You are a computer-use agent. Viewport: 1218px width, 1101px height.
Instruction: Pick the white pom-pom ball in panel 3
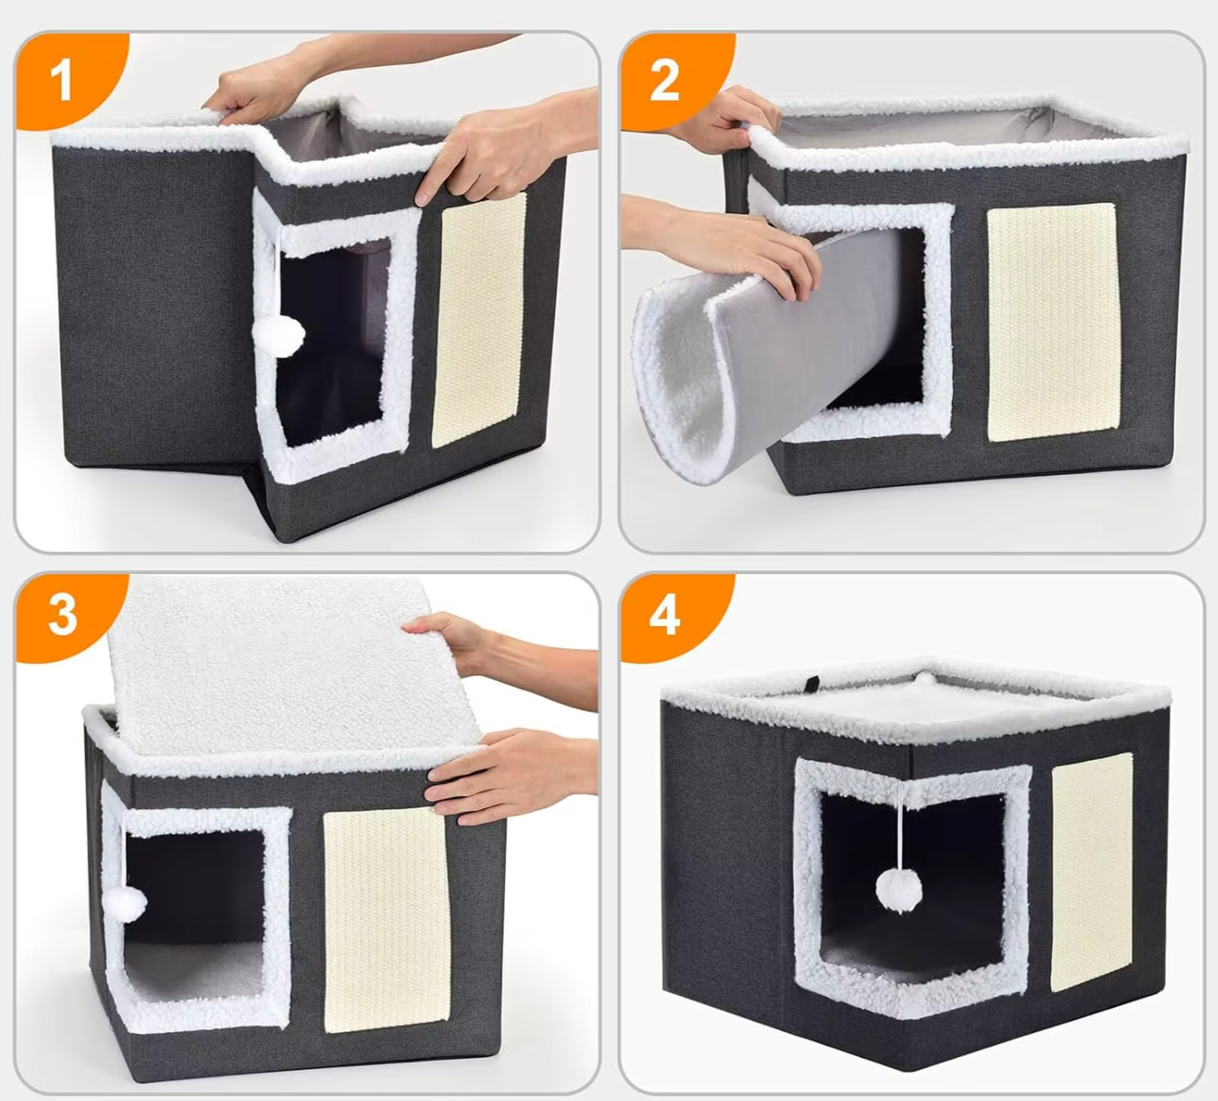[x=125, y=904]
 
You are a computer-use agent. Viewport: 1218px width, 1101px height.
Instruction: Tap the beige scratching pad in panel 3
[x=386, y=918]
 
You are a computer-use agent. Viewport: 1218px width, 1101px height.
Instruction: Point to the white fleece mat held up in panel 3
[x=291, y=666]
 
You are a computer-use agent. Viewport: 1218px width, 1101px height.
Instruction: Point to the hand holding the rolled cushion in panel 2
[x=723, y=243]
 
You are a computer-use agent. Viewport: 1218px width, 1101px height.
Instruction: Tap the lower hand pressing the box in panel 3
[x=510, y=775]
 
